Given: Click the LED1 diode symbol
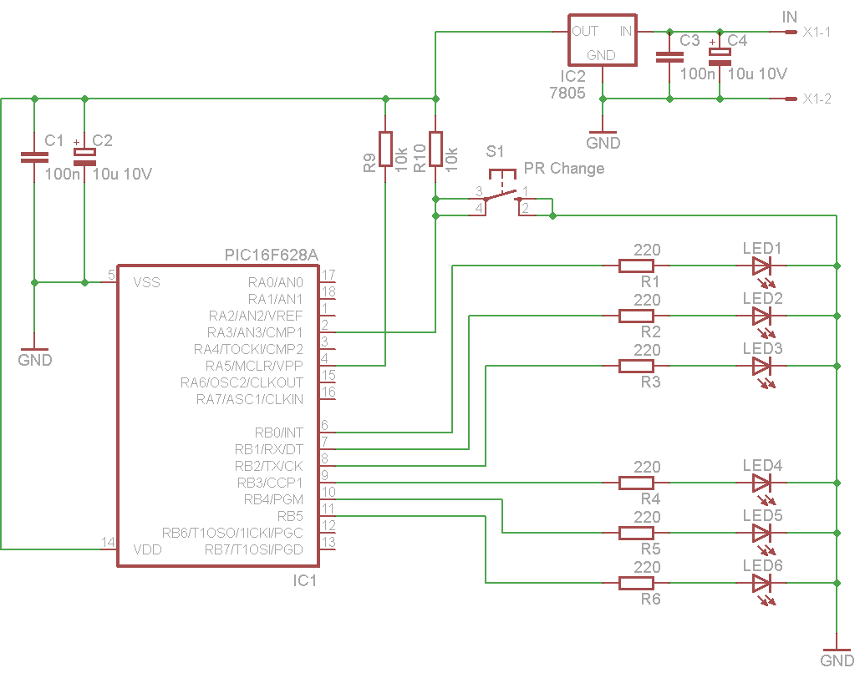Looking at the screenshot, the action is (x=761, y=266).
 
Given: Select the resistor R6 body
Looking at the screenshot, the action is (x=636, y=583).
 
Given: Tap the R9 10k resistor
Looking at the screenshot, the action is (x=385, y=149).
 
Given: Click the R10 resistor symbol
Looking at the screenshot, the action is (x=435, y=149).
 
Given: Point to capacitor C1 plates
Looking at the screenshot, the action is (x=34, y=158).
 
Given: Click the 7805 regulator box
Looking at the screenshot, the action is (x=603, y=40).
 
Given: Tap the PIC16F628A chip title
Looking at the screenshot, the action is (x=272, y=255).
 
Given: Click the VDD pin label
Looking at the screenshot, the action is (x=147, y=549).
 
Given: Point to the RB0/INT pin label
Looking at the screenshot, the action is (x=278, y=433).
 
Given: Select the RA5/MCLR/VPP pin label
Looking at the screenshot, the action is (x=254, y=366).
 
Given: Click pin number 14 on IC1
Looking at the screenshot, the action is (x=108, y=542).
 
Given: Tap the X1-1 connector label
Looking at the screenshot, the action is (x=817, y=32).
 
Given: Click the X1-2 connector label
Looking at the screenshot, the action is (x=817, y=99).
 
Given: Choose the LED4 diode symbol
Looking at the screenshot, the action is (x=761, y=483).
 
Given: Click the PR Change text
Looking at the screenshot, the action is (x=564, y=168).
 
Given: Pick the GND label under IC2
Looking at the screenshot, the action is (x=603, y=143).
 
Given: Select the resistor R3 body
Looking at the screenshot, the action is (x=636, y=366).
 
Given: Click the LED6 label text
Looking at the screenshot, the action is (x=762, y=565).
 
